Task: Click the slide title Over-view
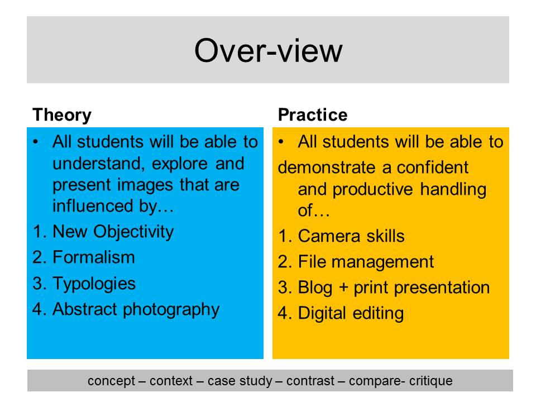coord(269,51)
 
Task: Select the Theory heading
coord(62,115)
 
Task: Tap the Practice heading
coord(313,114)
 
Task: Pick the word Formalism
coord(94,257)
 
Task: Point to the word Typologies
coord(94,284)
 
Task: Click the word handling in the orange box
coord(453,190)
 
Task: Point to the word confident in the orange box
coord(432,167)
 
